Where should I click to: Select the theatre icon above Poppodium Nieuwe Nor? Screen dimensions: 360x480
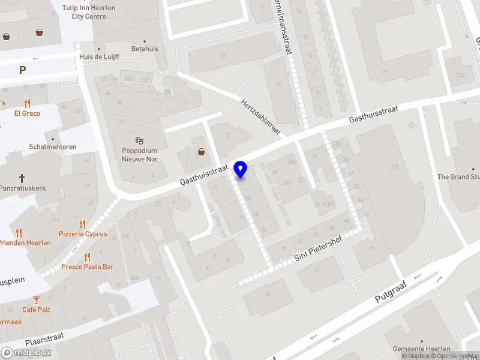[140, 140]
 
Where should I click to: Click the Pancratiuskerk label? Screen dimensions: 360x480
[23, 188]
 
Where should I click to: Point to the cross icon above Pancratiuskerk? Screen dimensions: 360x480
[22, 178]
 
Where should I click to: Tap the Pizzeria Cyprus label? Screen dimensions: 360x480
[83, 234]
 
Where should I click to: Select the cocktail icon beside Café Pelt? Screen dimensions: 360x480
[37, 299]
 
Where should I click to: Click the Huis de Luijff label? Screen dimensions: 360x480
[99, 57]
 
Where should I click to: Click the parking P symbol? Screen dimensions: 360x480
[22, 70]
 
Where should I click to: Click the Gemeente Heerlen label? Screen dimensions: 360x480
[421, 349]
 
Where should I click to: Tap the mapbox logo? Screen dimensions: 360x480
[26, 353]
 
